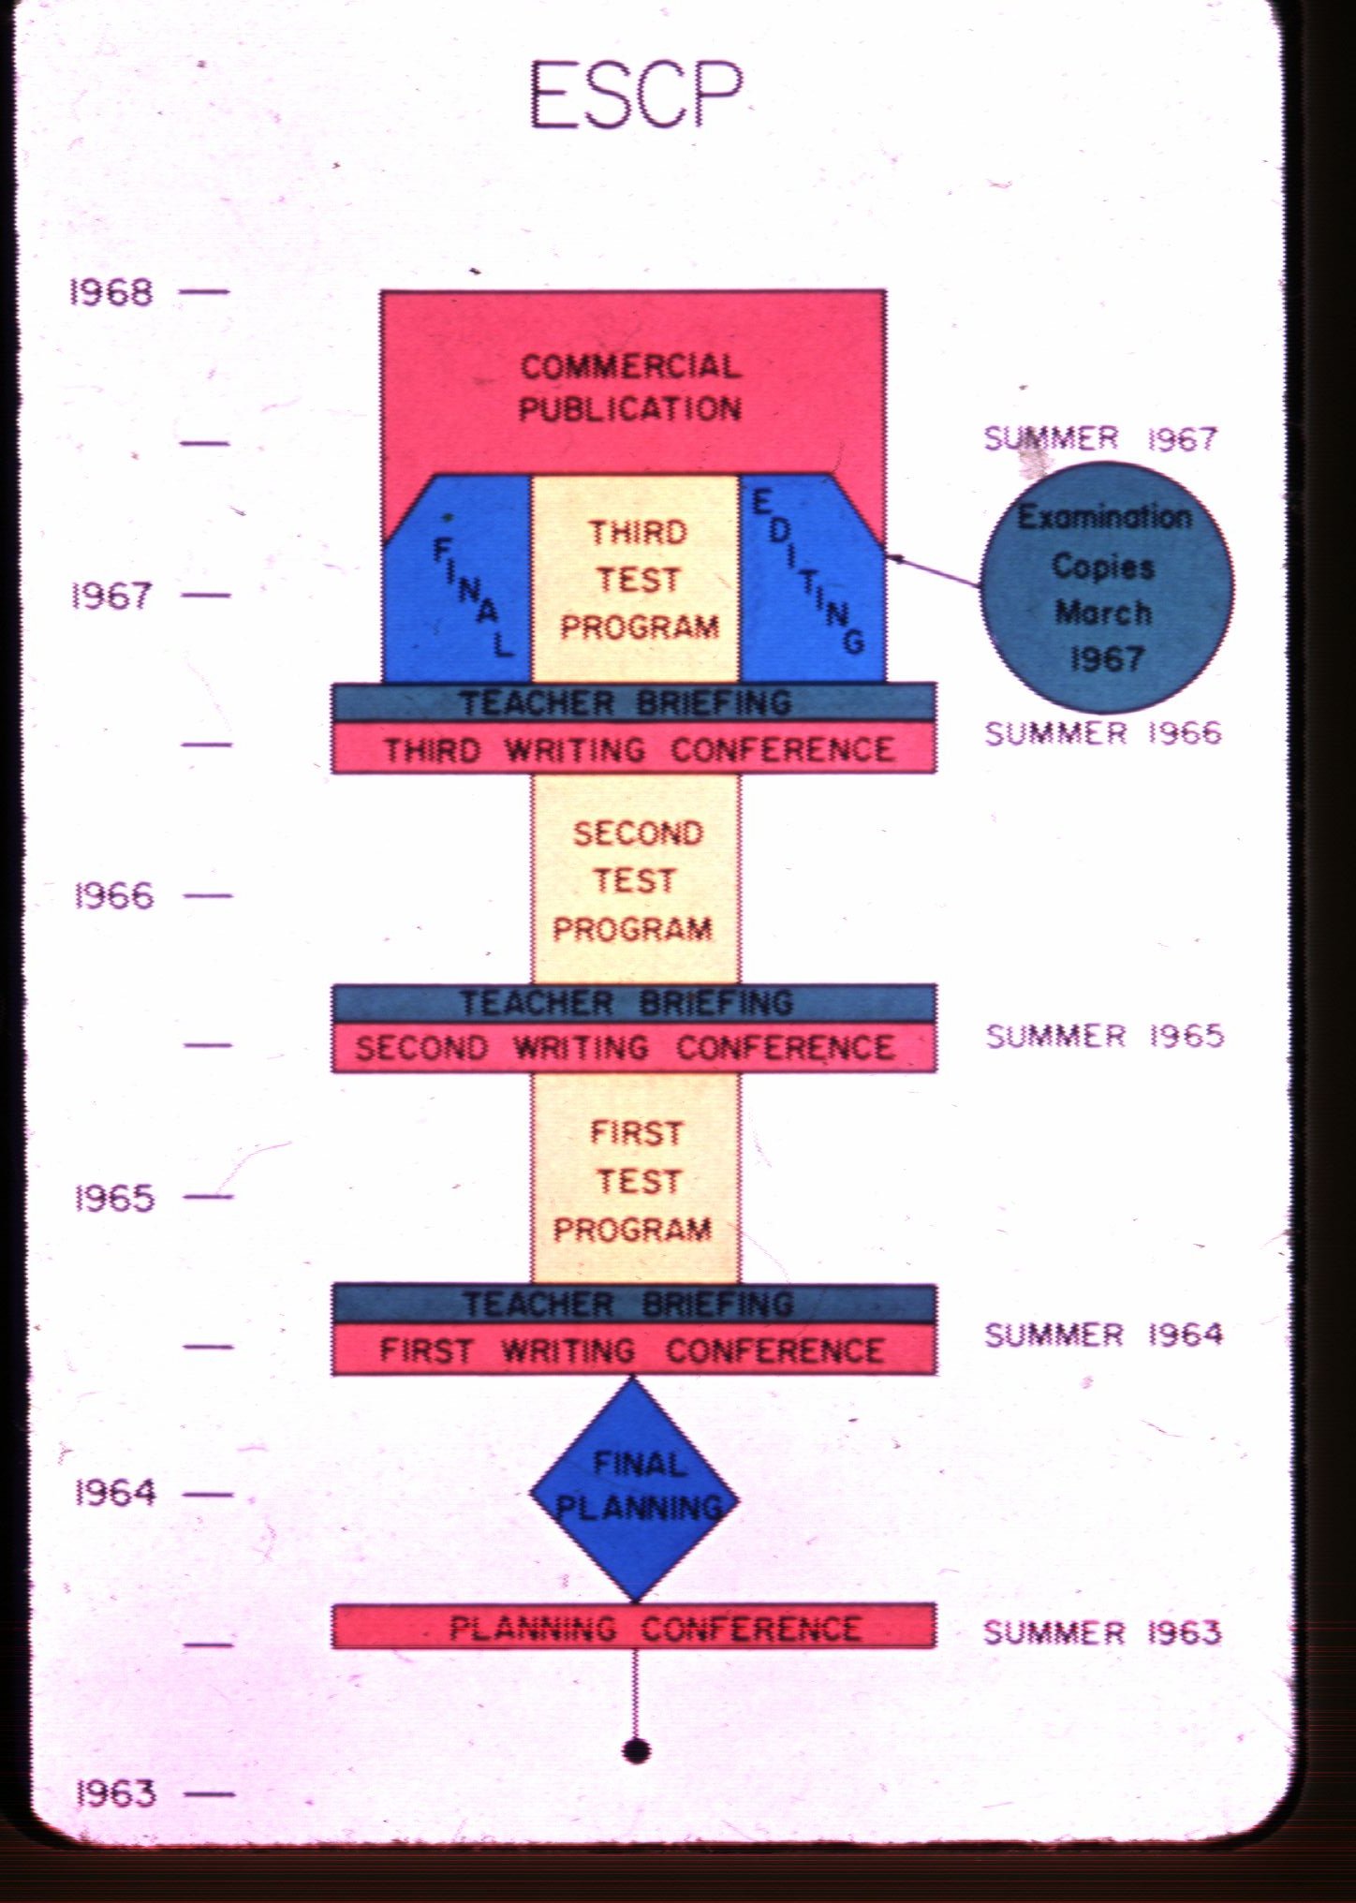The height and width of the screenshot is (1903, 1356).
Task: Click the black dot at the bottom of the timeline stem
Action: [636, 1750]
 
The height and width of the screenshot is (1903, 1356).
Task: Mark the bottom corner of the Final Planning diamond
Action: [635, 1601]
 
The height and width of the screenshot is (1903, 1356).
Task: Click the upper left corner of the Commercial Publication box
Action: [381, 291]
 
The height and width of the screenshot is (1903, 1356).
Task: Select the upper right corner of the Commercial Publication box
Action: [885, 291]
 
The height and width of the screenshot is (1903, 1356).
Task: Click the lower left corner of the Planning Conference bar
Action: [332, 1647]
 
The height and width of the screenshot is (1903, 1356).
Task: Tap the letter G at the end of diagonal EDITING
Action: [852, 640]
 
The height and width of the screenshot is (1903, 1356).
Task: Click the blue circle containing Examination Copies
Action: [1107, 588]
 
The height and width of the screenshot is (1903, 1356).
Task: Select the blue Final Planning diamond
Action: [635, 1488]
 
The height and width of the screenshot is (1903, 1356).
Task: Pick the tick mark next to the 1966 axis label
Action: [207, 896]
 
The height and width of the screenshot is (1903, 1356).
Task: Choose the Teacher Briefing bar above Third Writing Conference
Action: [634, 702]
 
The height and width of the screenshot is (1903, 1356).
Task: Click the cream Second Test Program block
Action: [636, 879]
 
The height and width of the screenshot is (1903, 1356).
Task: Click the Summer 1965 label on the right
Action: [1105, 1036]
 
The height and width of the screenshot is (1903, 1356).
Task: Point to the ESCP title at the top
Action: [636, 94]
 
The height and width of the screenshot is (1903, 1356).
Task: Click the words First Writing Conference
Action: [632, 1350]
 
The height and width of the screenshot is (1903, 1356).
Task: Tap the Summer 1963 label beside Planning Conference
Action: [1102, 1632]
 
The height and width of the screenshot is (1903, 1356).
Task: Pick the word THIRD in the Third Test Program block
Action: [638, 532]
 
